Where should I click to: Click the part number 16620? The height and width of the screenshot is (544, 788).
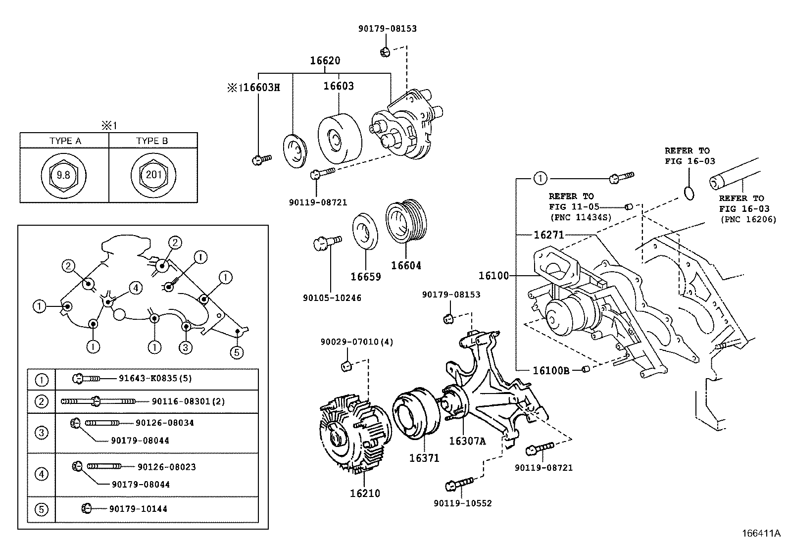[325, 61]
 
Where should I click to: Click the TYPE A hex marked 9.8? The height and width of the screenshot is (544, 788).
[63, 175]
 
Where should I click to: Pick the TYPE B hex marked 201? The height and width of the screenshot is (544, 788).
[153, 175]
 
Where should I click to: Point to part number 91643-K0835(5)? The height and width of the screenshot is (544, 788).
[155, 378]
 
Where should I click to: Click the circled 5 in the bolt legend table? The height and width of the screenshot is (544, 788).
[42, 509]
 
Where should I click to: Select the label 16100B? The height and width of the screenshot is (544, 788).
[550, 370]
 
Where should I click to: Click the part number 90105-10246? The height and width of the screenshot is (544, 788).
[332, 298]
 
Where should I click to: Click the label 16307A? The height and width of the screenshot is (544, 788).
[467, 441]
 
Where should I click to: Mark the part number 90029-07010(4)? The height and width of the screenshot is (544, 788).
[356, 342]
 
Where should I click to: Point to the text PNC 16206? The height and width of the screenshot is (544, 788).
[748, 219]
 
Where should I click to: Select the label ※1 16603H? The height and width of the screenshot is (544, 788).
[253, 88]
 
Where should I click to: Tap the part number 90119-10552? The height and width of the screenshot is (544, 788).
[462, 503]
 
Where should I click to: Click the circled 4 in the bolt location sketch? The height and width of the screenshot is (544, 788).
[136, 287]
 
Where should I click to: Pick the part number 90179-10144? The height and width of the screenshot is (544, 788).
[138, 508]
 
